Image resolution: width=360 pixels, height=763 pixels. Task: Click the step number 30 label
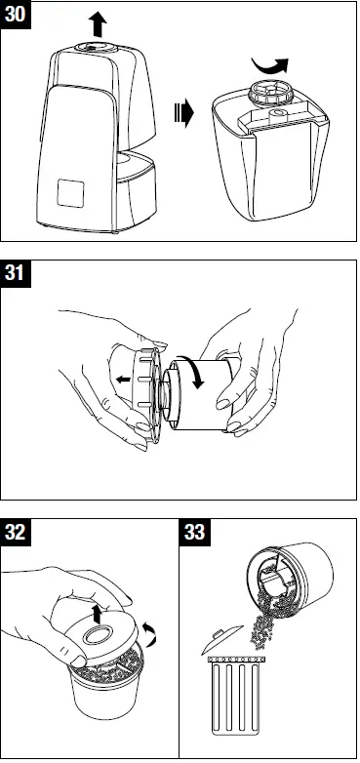pos(17,17)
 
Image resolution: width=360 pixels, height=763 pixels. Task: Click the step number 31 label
pos(17,274)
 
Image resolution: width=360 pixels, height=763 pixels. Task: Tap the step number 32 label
pos(17,534)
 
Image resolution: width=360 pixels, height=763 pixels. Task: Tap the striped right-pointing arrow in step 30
pos(182,112)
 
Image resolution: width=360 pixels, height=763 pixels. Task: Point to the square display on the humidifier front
pos(71,194)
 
